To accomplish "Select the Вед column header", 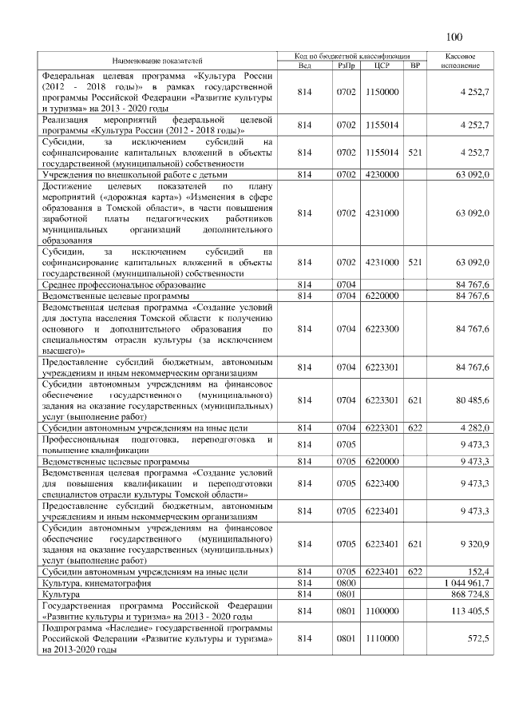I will click(304, 66).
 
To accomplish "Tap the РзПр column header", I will click(346, 66).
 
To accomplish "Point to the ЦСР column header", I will click(382, 66).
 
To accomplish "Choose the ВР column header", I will click(414, 66).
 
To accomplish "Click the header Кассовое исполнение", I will click(459, 61).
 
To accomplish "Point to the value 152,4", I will click(478, 572).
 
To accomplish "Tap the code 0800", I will click(346, 584).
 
